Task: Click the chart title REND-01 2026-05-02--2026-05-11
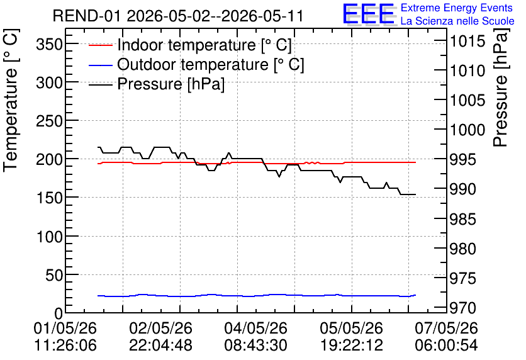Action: (178, 16)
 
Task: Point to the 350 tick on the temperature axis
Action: (50, 44)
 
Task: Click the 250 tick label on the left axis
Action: (50, 121)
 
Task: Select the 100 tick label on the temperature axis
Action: (50, 237)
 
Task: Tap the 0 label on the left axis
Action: (59, 313)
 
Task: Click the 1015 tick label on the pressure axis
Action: (467, 42)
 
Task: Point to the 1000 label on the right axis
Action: (467, 130)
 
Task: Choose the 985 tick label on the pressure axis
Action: (463, 220)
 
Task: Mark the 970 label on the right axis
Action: (463, 308)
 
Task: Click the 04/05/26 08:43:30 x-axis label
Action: (255, 336)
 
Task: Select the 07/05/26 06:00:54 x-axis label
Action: (446, 336)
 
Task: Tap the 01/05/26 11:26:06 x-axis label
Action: (65, 336)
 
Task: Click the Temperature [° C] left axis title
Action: (11, 101)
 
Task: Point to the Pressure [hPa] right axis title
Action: (501, 87)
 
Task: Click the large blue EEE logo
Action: (368, 14)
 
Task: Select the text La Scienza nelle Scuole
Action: (457, 21)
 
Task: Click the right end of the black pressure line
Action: (416, 194)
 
